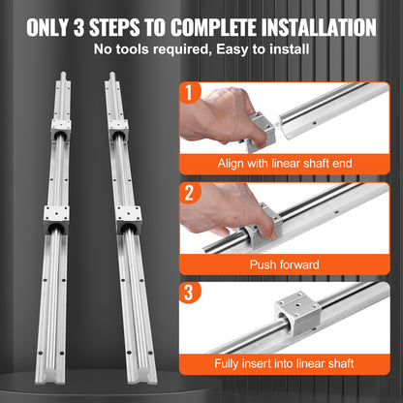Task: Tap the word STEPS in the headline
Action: point(116,25)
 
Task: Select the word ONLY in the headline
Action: point(46,25)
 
